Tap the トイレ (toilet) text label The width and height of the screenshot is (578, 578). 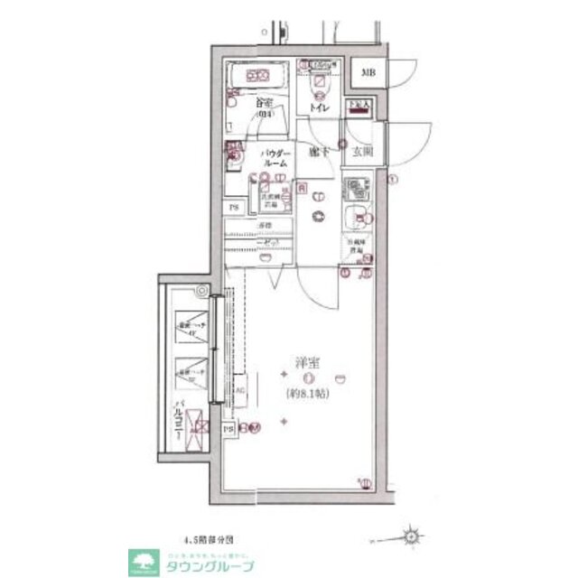tap(318, 108)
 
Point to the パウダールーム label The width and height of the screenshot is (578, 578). tap(275, 159)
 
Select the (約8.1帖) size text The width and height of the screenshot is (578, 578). tap(308, 395)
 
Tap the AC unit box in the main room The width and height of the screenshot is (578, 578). tap(239, 390)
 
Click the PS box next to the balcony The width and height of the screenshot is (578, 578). tap(228, 428)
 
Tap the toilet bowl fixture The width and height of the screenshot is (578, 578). tap(318, 83)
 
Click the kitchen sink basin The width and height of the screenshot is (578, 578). tap(354, 218)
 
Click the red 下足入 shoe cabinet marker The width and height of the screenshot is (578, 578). tap(359, 106)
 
